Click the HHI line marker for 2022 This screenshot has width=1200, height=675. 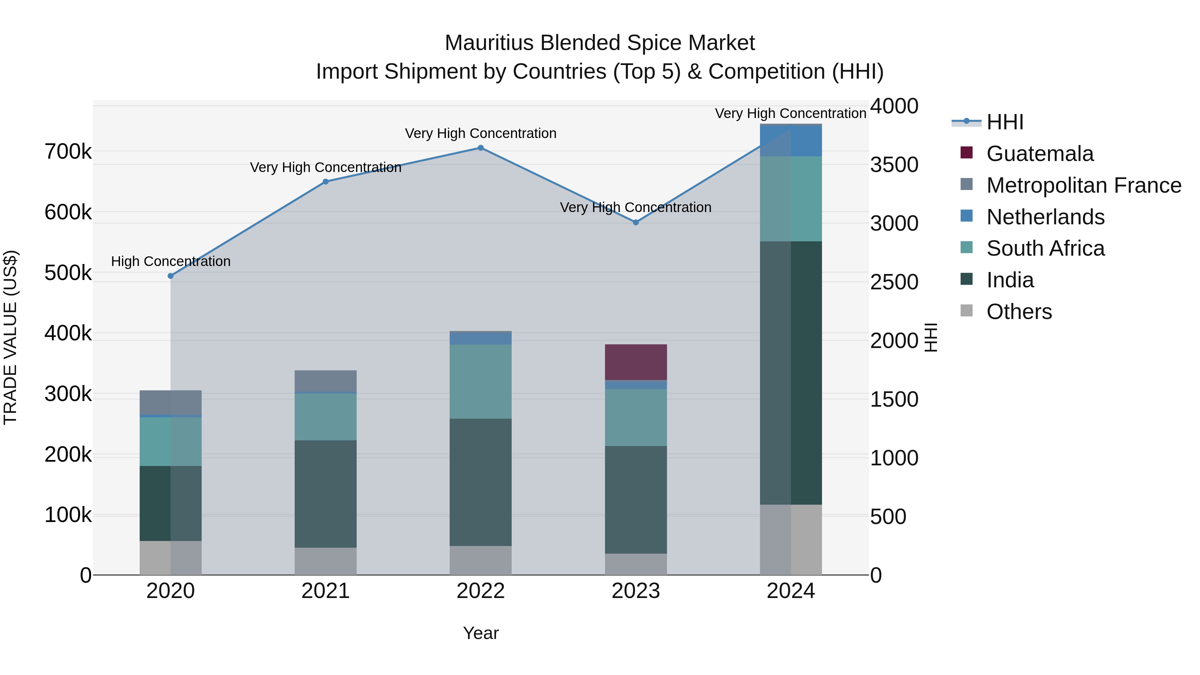(481, 148)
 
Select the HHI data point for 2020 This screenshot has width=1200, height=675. (170, 276)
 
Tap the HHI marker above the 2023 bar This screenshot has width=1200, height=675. (636, 222)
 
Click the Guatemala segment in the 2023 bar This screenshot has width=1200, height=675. (636, 362)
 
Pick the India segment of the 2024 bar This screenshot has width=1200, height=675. (791, 373)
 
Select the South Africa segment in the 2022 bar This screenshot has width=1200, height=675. (481, 382)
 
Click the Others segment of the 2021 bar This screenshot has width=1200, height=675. (326, 561)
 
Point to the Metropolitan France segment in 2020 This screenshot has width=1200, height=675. (170, 402)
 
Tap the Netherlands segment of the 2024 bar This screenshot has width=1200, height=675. (791, 141)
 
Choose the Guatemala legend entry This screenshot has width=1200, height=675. (1040, 154)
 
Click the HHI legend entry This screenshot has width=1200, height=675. (1005, 122)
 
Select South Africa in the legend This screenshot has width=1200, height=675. (1045, 248)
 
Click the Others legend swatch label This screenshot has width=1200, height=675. (1019, 312)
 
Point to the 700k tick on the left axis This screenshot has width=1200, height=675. (68, 152)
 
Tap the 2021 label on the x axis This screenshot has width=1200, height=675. (326, 591)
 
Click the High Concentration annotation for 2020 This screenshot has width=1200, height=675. (170, 261)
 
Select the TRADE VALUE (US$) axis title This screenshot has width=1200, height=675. (10, 337)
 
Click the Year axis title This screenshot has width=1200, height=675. (481, 633)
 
